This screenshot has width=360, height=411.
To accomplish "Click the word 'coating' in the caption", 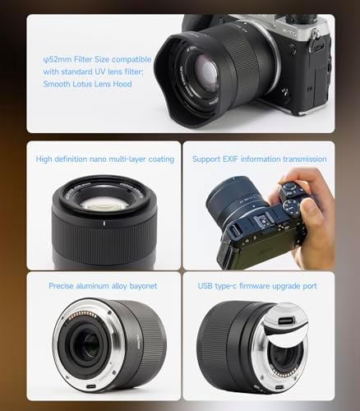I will pyautogui.click(x=156, y=159).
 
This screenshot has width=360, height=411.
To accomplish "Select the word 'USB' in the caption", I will pyautogui.click(x=205, y=286).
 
